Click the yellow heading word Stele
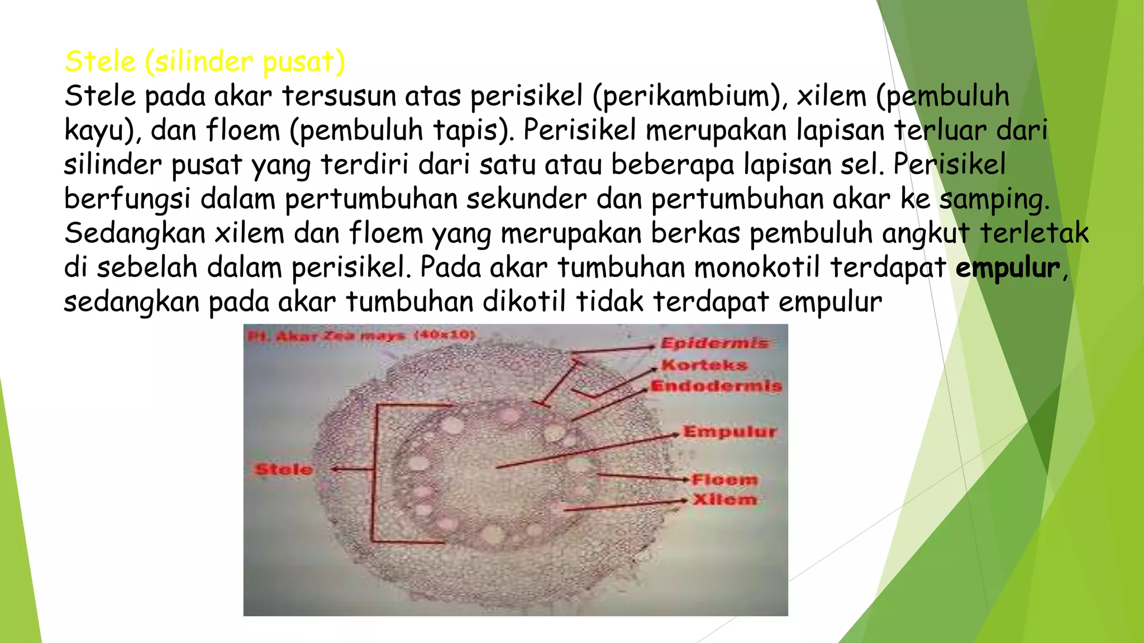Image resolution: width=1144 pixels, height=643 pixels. coord(100,61)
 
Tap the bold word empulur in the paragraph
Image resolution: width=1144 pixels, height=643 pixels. coord(1007,267)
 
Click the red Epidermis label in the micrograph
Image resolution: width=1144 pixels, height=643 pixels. coord(714,343)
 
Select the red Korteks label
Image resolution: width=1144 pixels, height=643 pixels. coord(704,365)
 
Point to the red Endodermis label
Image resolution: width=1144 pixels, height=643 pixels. coord(716,386)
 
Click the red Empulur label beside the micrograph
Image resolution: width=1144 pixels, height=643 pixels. coord(730,431)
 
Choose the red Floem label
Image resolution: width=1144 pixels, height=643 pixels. coord(724,479)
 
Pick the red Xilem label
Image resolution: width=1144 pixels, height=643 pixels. coord(724,499)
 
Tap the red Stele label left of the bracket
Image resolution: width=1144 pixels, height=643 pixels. coord(283,469)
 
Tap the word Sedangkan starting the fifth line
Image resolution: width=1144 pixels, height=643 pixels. coord(135,233)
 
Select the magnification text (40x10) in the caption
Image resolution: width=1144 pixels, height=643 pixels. coord(444,335)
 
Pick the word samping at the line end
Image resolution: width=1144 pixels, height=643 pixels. coord(994,199)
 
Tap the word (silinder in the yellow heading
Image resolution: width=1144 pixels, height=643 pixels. coord(198,61)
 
